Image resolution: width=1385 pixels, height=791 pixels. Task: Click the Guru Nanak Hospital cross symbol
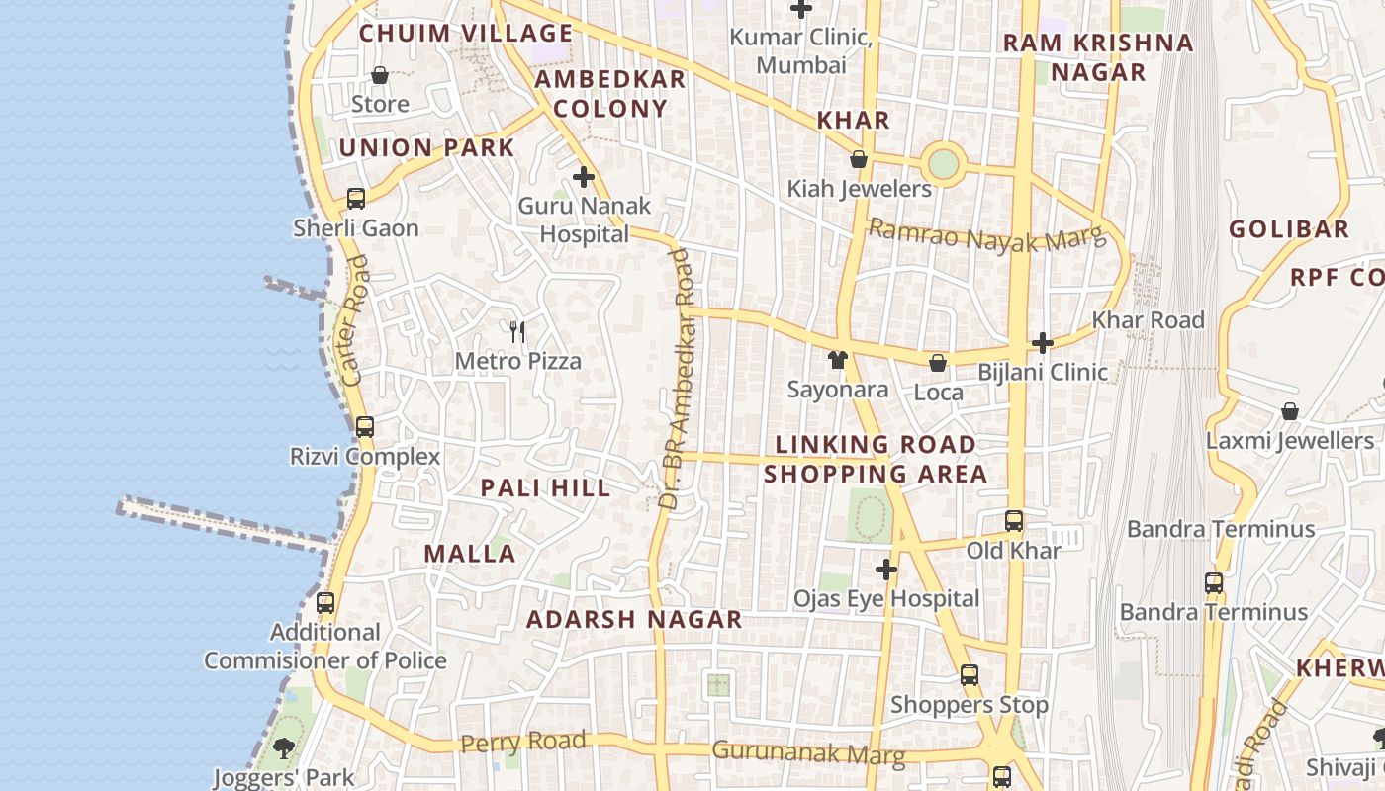coord(584,177)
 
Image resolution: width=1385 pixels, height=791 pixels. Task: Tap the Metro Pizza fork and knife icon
coord(517,331)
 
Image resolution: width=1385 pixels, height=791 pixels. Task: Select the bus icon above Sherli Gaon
coord(356,199)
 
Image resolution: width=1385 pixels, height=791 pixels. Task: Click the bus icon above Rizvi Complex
coord(365,427)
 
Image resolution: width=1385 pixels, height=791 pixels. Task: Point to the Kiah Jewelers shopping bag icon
coord(859,159)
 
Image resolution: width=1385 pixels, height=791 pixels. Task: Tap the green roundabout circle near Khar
coord(944,163)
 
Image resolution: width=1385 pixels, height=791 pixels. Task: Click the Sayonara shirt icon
coord(838,359)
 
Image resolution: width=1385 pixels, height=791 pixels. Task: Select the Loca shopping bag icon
coord(938,363)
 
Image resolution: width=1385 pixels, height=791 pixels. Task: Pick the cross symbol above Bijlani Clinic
coord(1043,343)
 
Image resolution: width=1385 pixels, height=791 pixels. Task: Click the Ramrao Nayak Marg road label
coord(984,236)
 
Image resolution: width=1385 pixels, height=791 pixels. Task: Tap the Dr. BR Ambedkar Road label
coord(678,379)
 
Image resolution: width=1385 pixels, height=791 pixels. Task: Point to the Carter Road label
coord(354,320)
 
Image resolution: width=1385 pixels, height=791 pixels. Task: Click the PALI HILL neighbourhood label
coord(545,488)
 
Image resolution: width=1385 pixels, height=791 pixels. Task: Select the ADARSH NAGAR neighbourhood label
coord(634,620)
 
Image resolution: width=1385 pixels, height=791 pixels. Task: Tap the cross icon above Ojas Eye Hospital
coord(886,570)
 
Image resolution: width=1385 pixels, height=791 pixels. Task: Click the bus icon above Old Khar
coord(1014,520)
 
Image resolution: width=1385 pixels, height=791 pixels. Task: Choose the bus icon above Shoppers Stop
coord(969,675)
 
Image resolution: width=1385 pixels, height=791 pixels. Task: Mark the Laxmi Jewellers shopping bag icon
coord(1289,410)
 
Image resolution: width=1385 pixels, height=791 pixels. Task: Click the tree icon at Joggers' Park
coord(284,747)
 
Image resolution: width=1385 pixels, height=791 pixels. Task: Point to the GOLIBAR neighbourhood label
coord(1289,229)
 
